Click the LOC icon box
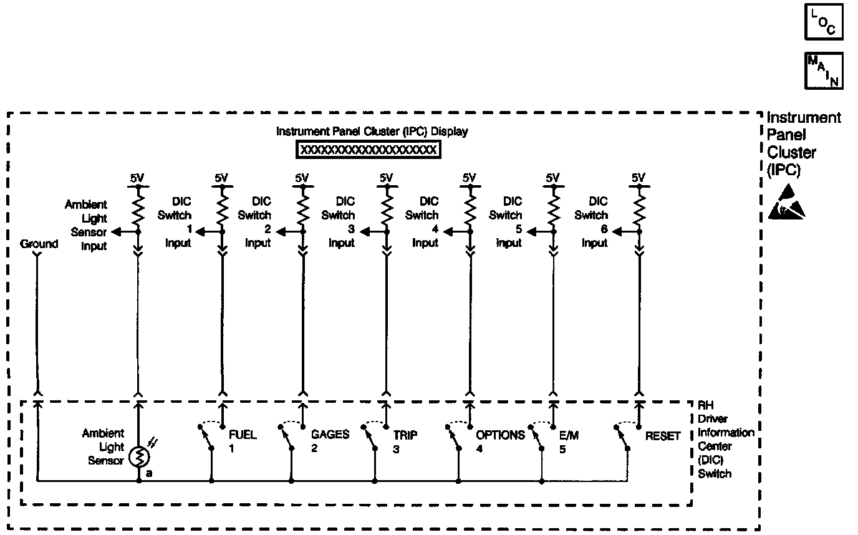pyautogui.click(x=824, y=22)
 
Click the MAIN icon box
pyautogui.click(x=824, y=70)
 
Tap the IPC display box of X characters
pyautogui.click(x=368, y=150)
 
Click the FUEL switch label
pyautogui.click(x=242, y=435)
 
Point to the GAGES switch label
pyautogui.click(x=330, y=435)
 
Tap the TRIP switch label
pyautogui.click(x=405, y=435)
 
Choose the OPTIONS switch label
pyautogui.click(x=500, y=435)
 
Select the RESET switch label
pyautogui.click(x=663, y=436)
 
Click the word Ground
pyautogui.click(x=39, y=244)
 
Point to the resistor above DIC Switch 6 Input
pyautogui.click(x=638, y=207)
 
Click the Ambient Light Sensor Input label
pyautogui.click(x=87, y=225)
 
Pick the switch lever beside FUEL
pyautogui.click(x=206, y=437)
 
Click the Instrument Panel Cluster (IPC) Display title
pyautogui.click(x=372, y=132)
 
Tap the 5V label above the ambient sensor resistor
pyautogui.click(x=137, y=178)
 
